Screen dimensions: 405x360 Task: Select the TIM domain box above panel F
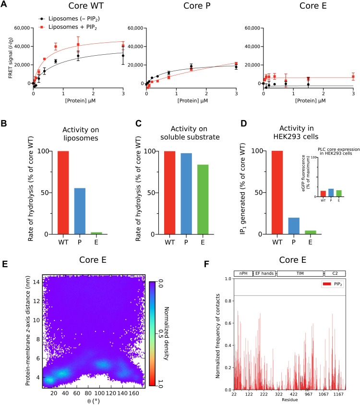[300, 273]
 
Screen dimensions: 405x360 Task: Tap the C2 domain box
[335, 273]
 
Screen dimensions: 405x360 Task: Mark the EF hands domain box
[264, 273]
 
